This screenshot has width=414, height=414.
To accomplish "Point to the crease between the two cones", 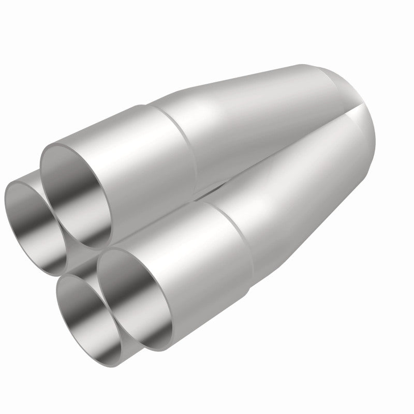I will (x=290, y=145).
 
